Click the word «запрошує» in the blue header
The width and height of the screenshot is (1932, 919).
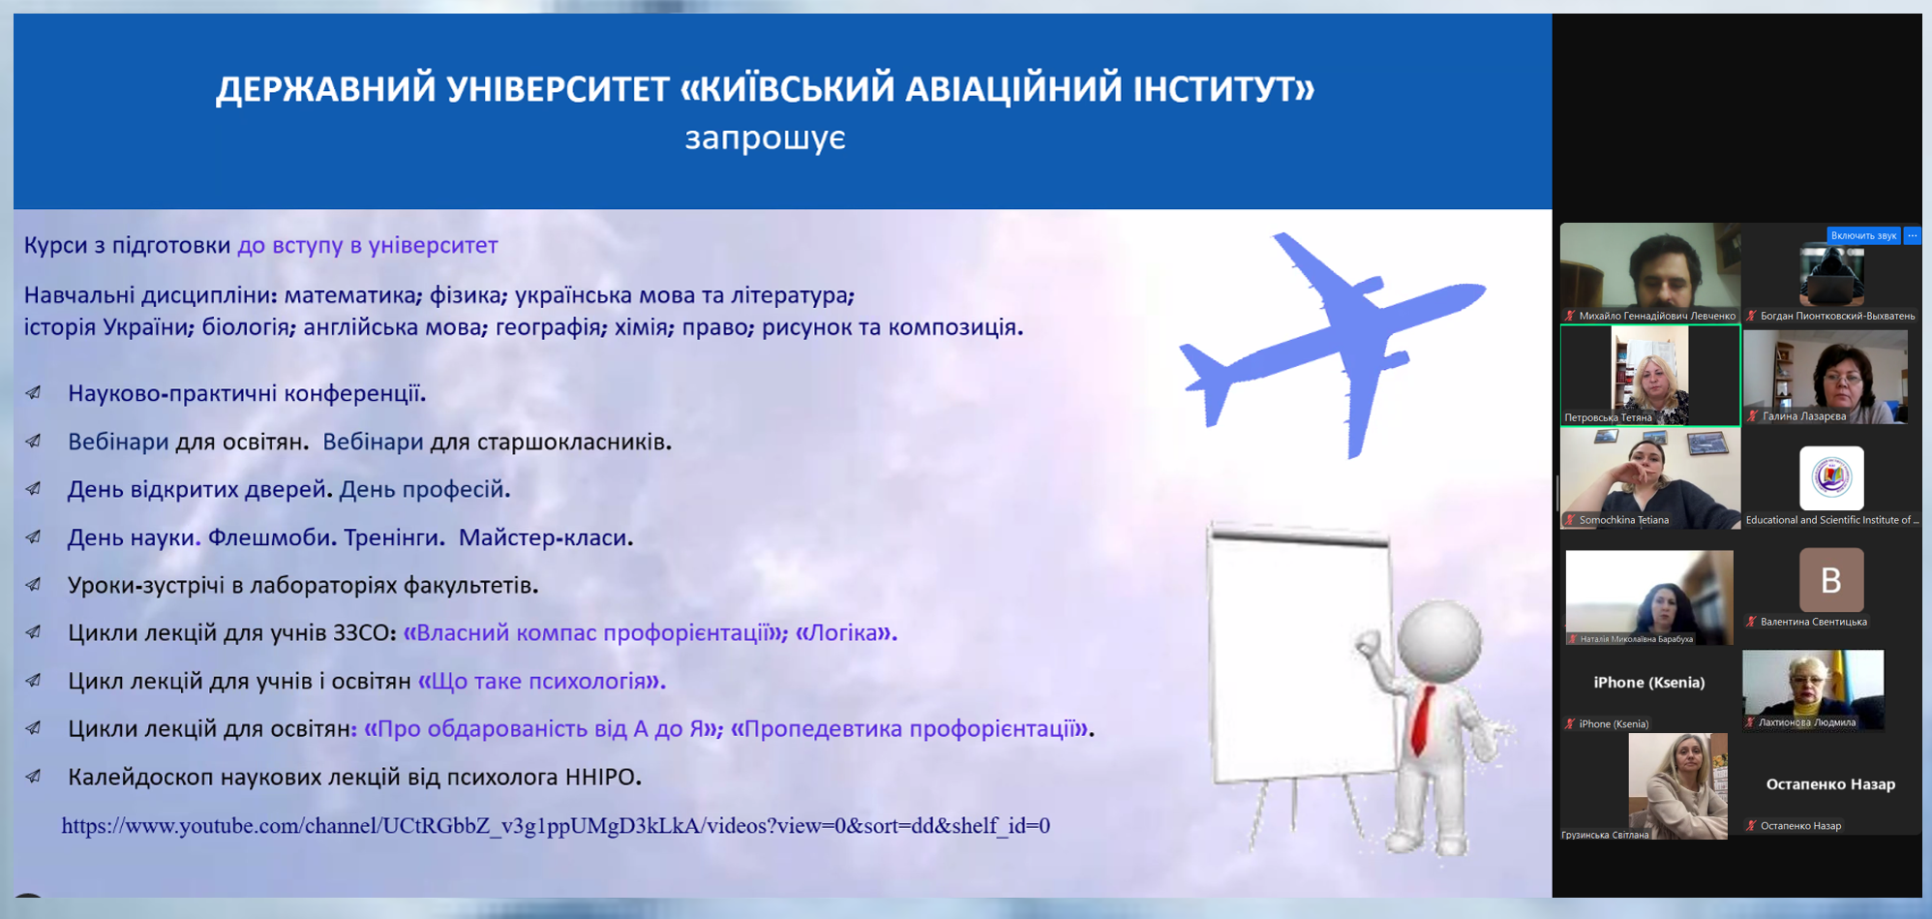coord(765,138)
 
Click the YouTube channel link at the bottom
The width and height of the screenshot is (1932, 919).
coord(556,825)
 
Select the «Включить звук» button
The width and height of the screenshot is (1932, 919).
coord(1863,235)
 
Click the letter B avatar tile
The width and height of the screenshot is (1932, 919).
coord(1831,580)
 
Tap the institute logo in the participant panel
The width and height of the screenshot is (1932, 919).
coord(1831,477)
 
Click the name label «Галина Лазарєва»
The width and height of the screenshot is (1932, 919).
coord(1804,416)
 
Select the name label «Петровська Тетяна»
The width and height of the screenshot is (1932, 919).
coord(1608,417)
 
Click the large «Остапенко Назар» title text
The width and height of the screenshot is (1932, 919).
coord(1830,784)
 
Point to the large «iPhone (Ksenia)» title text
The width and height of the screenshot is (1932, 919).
coord(1649,683)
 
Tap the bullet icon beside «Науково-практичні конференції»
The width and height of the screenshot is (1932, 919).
coord(34,393)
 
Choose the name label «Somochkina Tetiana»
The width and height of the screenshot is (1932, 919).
coord(1624,520)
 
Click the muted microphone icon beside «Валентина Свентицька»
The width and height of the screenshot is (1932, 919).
coord(1752,622)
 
